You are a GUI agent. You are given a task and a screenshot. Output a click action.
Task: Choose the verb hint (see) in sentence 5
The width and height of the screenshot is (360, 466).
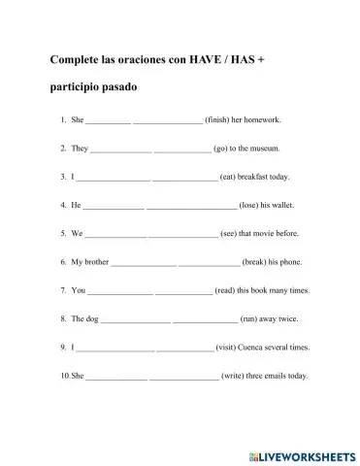coord(229,234)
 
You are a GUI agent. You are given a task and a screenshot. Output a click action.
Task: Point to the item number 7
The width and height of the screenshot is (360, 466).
coord(62,290)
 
